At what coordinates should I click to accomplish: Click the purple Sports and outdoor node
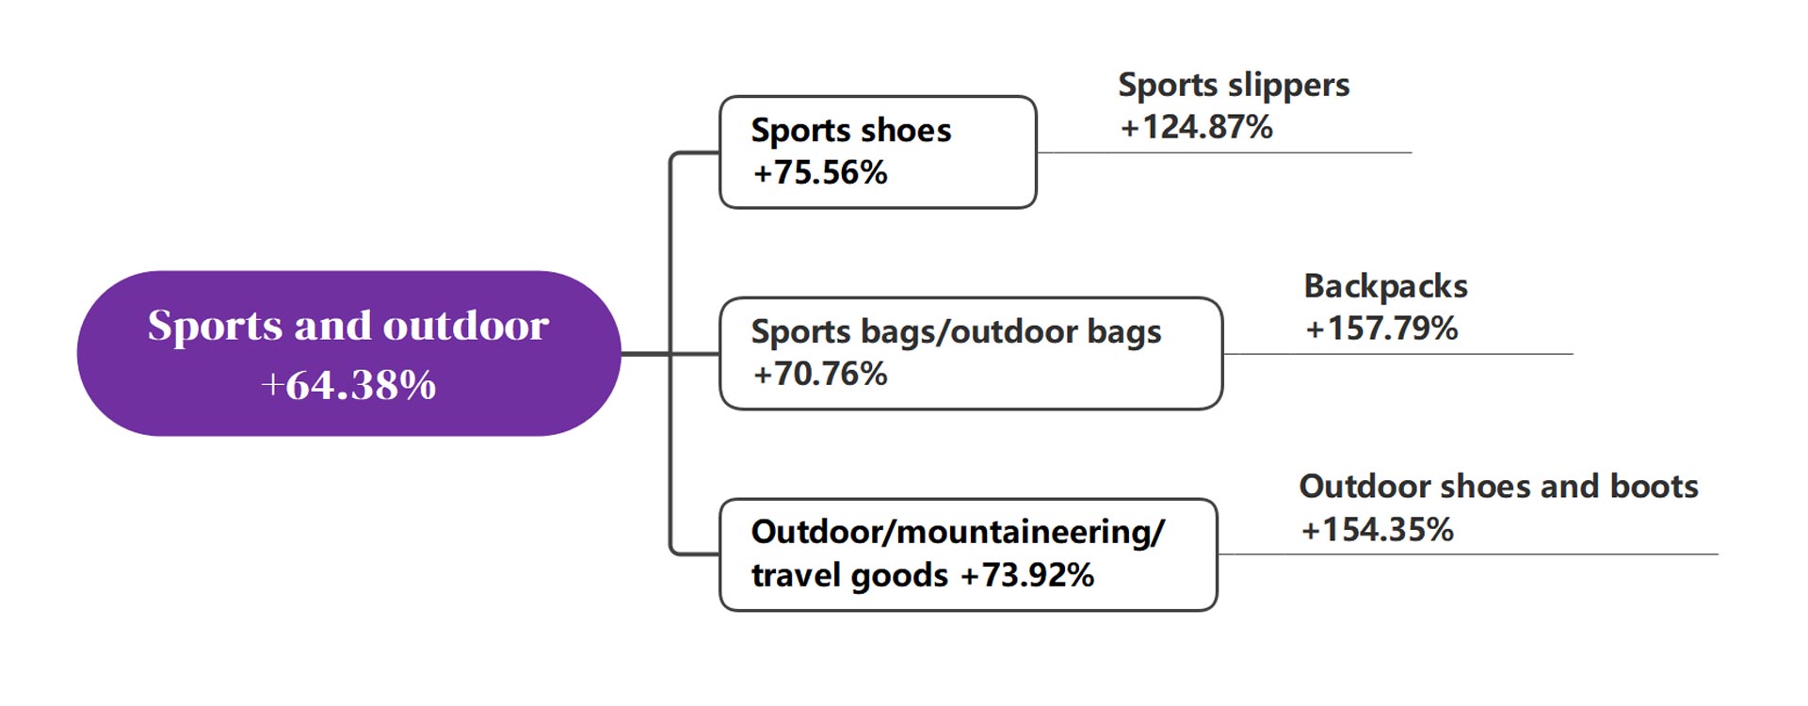click(x=348, y=353)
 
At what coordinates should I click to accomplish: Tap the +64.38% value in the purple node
click(x=348, y=384)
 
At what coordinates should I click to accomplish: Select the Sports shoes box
click(x=878, y=152)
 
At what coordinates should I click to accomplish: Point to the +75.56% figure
click(x=819, y=172)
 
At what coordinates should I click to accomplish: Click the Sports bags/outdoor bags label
click(x=956, y=332)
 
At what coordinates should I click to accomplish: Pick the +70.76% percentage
click(x=819, y=374)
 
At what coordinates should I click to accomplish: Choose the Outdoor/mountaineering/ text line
click(x=958, y=533)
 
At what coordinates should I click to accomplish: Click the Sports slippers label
click(x=1234, y=86)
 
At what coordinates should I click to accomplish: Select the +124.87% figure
click(x=1196, y=126)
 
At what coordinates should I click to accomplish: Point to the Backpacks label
click(x=1385, y=285)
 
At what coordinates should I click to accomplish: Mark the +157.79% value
click(x=1381, y=328)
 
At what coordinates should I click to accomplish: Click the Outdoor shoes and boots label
click(x=1498, y=486)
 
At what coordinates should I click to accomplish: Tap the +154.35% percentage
click(x=1377, y=529)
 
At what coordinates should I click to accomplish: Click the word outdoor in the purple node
click(x=465, y=326)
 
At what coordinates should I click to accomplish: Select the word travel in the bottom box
click(x=802, y=574)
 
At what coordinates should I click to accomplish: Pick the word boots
click(x=1654, y=486)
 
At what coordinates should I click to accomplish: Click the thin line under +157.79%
click(x=1397, y=354)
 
